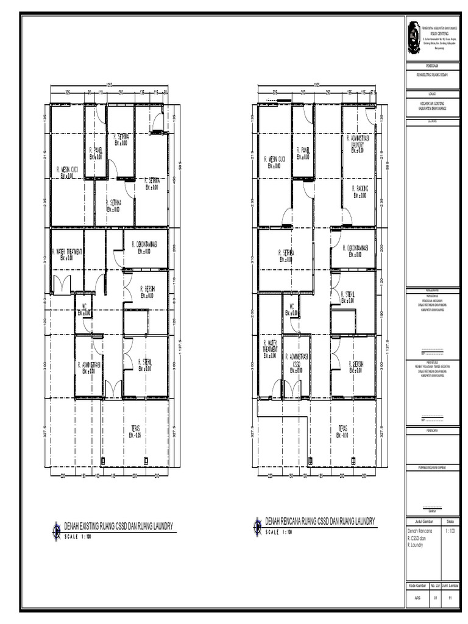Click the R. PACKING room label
click(x=360, y=189)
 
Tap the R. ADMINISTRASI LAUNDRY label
click(x=361, y=142)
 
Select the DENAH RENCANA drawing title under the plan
click(x=320, y=520)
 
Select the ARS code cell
click(x=417, y=598)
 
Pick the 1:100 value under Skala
click(x=450, y=531)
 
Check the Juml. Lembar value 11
click(x=450, y=598)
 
